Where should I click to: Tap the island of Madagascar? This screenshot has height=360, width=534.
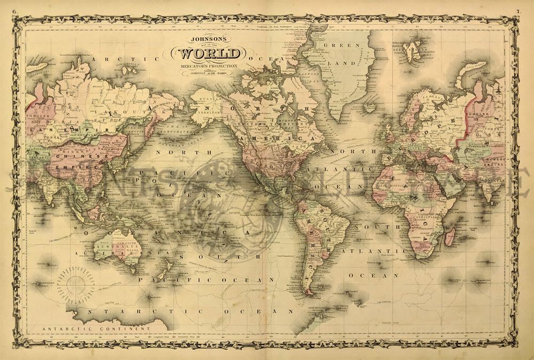(x=450, y=235)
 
